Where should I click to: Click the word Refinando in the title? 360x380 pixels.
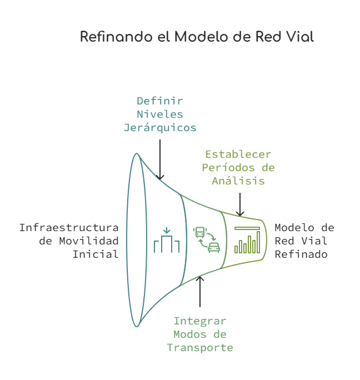tap(116, 37)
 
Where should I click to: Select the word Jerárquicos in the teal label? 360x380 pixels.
tap(160, 128)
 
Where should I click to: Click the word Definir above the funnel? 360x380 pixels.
tap(160, 101)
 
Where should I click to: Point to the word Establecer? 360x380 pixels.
tap(238, 154)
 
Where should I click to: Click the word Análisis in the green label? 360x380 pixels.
tap(238, 181)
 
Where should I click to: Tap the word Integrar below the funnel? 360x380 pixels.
tap(200, 321)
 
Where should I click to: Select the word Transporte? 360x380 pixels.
tap(200, 348)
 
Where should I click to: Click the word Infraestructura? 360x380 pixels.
tap(69, 228)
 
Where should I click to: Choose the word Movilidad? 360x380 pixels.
tap(89, 241)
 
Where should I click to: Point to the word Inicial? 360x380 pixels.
tap(96, 254)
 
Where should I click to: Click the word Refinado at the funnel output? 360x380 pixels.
tap(301, 254)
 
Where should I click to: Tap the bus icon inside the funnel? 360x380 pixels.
tap(200, 232)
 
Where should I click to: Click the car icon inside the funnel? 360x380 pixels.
tap(214, 247)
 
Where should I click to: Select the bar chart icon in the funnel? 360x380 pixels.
tap(247, 240)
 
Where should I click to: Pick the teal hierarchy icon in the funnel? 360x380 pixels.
tap(167, 240)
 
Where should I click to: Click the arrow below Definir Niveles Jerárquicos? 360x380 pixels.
tap(160, 159)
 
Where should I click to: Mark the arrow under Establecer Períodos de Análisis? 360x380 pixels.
tap(240, 204)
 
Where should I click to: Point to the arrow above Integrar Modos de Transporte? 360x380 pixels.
tap(200, 291)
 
